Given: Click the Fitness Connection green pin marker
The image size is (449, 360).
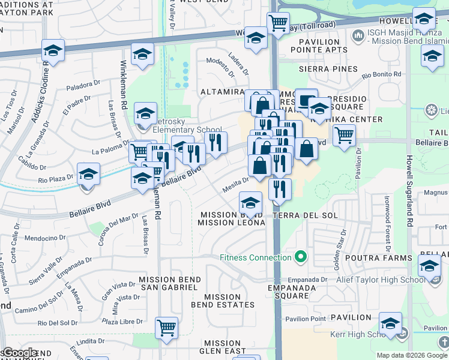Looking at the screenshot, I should (301, 258).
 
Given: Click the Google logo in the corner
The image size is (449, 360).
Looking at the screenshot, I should (19, 353).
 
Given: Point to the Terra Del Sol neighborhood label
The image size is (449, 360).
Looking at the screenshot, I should (305, 215).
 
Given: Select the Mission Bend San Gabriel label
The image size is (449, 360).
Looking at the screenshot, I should (169, 283).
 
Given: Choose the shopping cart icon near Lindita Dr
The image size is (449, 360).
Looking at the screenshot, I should (167, 327).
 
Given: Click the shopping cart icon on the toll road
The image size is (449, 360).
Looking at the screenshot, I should (278, 23).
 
